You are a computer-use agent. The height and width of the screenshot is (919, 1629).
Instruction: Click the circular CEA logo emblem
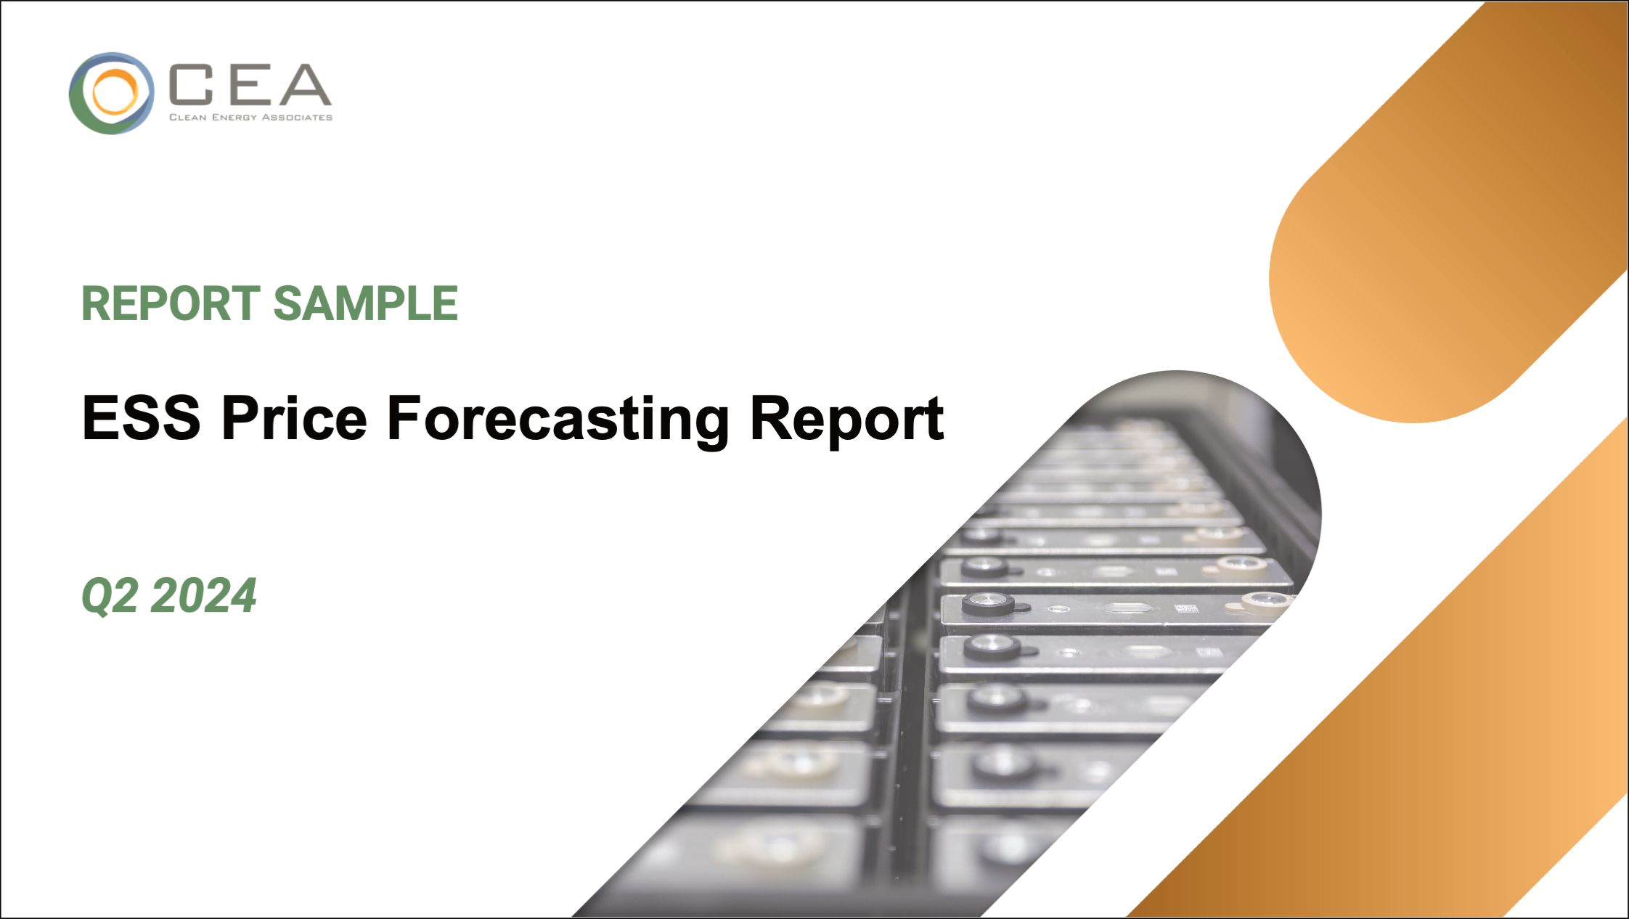click(111, 93)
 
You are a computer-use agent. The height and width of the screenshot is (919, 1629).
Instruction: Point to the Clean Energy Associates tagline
click(250, 118)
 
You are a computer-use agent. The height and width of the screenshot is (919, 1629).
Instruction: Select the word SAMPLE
click(365, 303)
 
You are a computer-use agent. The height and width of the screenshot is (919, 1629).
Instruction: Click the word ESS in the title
click(141, 418)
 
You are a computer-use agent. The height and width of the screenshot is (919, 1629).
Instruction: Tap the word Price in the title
click(294, 418)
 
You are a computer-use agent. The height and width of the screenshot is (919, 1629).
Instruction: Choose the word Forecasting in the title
click(558, 418)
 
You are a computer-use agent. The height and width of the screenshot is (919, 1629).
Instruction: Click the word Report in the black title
click(846, 418)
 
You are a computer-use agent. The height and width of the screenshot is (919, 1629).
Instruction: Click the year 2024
click(203, 595)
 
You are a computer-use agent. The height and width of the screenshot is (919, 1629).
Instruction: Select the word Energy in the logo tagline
click(233, 118)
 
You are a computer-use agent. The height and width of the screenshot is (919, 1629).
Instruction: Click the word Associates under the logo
click(296, 118)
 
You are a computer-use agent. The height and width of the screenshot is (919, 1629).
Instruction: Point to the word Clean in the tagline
click(187, 118)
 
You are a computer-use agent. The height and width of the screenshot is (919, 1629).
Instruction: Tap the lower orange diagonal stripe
click(1379, 726)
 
